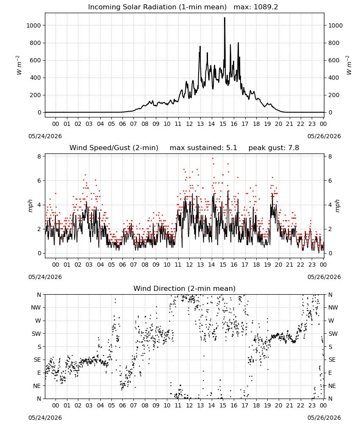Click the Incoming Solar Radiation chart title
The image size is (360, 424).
[157, 7]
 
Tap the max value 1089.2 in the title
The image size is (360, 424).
[266, 7]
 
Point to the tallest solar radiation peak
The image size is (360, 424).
[225, 18]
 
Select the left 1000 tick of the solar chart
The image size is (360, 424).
[33, 25]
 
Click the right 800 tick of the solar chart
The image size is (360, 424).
[334, 43]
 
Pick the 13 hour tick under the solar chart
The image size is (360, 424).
[200, 124]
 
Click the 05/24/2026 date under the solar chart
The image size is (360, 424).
[45, 136]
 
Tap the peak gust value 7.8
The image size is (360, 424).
[294, 148]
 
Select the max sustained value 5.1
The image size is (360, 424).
[232, 148]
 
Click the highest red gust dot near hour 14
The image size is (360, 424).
[213, 158]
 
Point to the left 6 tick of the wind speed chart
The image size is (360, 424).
[39, 181]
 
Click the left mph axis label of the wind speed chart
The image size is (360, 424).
[30, 206]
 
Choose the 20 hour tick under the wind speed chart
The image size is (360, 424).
[278, 265]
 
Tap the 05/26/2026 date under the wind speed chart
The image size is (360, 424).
[324, 277]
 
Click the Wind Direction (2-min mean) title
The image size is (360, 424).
[185, 288]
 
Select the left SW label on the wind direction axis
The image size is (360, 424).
[36, 334]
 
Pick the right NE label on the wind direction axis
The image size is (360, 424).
[332, 386]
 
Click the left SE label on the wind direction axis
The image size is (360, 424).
[38, 360]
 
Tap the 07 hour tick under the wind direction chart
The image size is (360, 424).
[133, 405]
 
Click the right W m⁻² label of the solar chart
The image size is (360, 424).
[349, 65]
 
